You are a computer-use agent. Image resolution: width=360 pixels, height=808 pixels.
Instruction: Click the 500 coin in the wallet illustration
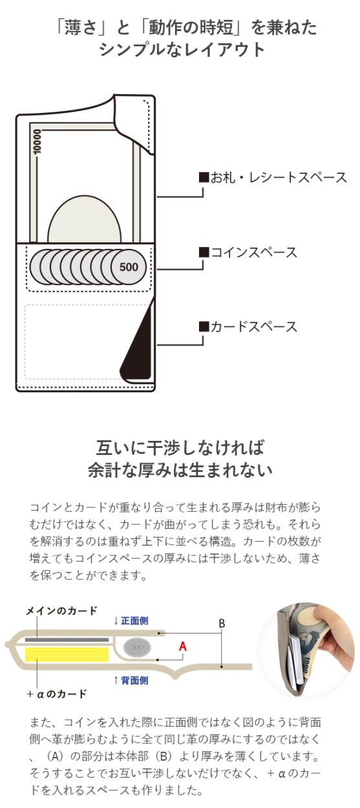(x=129, y=267)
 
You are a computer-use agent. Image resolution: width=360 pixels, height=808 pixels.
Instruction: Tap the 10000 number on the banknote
(x=37, y=142)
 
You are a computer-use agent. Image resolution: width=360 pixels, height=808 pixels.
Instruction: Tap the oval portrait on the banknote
(x=85, y=220)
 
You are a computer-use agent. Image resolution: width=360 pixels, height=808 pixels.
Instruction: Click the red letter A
(x=183, y=646)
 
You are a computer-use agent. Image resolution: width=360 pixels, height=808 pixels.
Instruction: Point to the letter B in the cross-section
(x=222, y=623)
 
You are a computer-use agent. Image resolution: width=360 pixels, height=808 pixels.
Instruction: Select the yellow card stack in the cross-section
(x=67, y=654)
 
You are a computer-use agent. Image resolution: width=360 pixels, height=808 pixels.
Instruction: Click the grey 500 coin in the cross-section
(x=137, y=647)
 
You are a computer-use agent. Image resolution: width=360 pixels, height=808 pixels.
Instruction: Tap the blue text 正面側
(x=134, y=621)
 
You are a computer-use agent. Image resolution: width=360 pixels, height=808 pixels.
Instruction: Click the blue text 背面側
(x=134, y=680)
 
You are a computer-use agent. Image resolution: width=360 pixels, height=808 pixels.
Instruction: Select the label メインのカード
(x=61, y=610)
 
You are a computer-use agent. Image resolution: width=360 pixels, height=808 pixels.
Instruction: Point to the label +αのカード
(x=57, y=694)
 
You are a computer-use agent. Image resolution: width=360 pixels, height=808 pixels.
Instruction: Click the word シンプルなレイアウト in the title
(x=182, y=49)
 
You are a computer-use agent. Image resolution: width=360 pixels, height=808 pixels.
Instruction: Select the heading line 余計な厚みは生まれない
(x=180, y=470)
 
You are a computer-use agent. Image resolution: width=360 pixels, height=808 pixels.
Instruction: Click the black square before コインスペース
(x=204, y=252)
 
